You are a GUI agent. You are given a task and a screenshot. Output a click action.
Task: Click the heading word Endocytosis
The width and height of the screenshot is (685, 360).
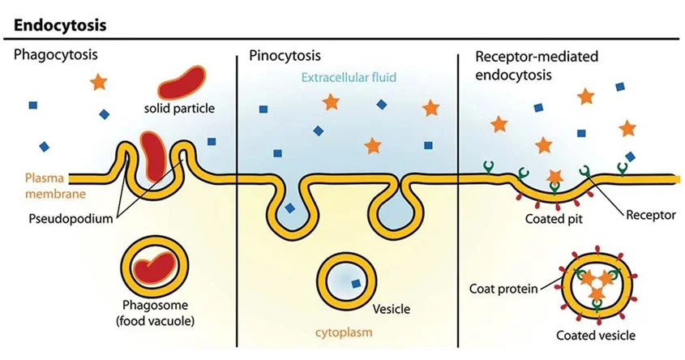pos(61,24)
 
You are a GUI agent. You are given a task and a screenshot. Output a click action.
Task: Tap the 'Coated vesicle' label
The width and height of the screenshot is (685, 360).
pos(596,335)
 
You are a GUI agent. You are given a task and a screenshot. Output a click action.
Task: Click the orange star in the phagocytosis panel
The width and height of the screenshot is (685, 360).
pos(99,81)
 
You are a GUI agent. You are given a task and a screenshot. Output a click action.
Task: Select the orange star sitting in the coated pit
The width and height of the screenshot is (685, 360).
pos(555,176)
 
